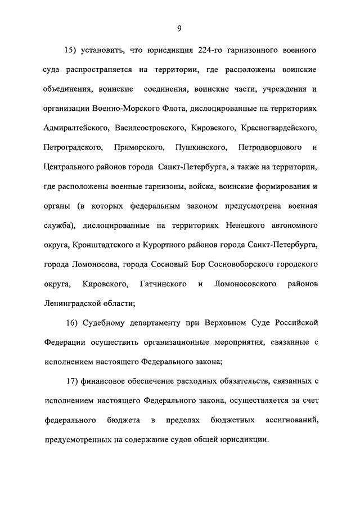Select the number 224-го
pyautogui.click(x=211, y=50)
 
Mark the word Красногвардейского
pyautogui.click(x=279, y=128)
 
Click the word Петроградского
pyautogui.click(x=72, y=147)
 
